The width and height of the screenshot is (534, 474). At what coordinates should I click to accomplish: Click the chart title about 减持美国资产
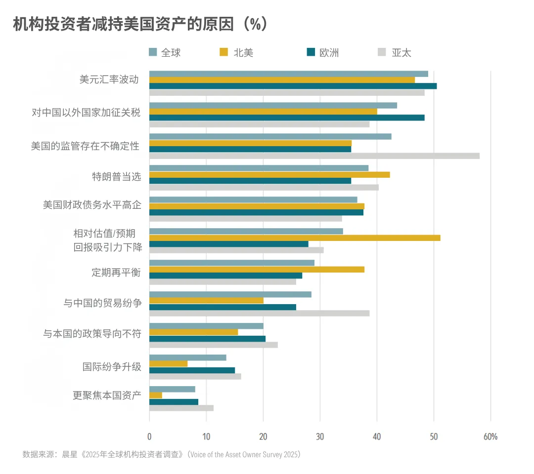[140, 24]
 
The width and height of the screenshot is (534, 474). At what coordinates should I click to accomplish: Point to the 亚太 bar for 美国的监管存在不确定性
[314, 156]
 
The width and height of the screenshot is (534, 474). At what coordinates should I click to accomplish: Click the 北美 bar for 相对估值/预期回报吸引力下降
[294, 238]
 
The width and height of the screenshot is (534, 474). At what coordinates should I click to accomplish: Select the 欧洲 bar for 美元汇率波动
[293, 86]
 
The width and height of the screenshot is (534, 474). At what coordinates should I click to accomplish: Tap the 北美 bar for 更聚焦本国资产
[156, 395]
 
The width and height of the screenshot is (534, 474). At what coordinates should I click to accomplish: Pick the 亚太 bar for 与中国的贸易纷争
[259, 313]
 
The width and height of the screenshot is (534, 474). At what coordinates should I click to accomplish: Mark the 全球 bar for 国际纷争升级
[187, 357]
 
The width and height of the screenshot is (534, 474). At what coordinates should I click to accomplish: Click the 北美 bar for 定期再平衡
[257, 270]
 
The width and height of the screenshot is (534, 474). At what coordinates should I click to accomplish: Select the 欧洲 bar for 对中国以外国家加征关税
[287, 118]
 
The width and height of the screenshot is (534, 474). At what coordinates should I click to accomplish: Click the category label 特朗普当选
[117, 176]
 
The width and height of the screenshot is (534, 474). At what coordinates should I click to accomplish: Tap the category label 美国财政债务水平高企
[92, 205]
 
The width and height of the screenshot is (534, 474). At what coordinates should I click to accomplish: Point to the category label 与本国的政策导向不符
[92, 334]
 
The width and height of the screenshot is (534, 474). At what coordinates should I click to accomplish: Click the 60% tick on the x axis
[490, 436]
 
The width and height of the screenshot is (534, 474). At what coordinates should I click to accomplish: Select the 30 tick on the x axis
[320, 436]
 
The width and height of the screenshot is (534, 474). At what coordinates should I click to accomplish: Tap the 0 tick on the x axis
[149, 436]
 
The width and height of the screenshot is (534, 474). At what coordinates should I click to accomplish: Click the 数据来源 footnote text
[162, 454]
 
